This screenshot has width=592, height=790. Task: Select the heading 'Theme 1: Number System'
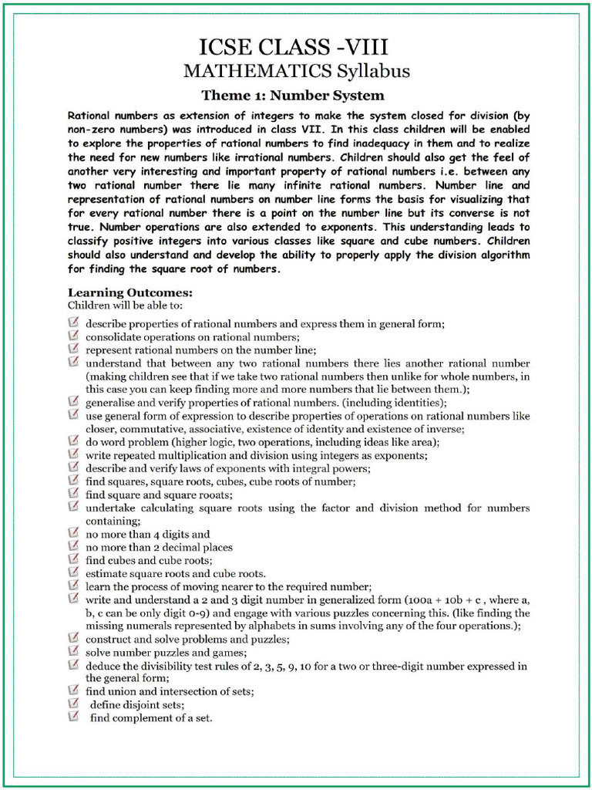click(292, 96)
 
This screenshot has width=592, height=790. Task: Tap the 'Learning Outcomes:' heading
click(130, 292)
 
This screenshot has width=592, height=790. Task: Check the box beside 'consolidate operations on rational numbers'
click(74, 336)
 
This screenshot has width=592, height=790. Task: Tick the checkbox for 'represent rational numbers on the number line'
click(74, 348)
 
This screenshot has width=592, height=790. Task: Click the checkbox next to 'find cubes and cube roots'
click(74, 559)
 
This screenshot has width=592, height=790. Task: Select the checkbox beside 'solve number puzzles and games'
click(74, 652)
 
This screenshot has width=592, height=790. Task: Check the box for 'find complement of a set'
click(74, 717)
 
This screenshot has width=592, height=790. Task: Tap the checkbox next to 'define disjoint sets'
click(74, 704)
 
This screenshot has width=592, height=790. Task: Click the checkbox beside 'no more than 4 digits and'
click(74, 533)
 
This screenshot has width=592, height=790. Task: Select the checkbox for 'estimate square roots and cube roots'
click(74, 572)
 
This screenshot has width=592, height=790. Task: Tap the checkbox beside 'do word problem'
click(74, 441)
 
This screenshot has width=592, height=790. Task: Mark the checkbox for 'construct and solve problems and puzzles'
click(74, 639)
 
